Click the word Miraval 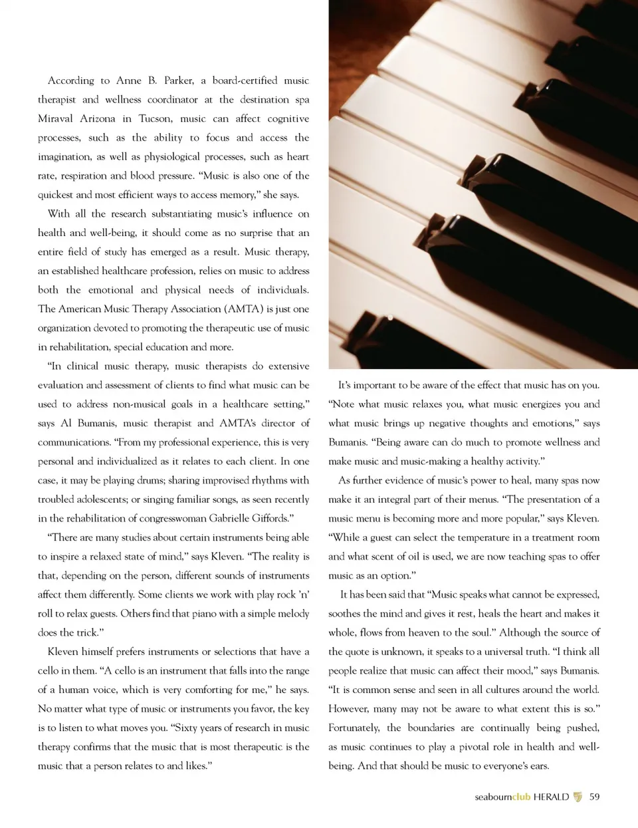[56, 118]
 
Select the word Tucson [155, 118]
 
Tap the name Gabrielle [230, 518]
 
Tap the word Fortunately [354, 728]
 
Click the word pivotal [490, 747]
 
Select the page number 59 [594, 797]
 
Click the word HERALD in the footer [551, 797]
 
